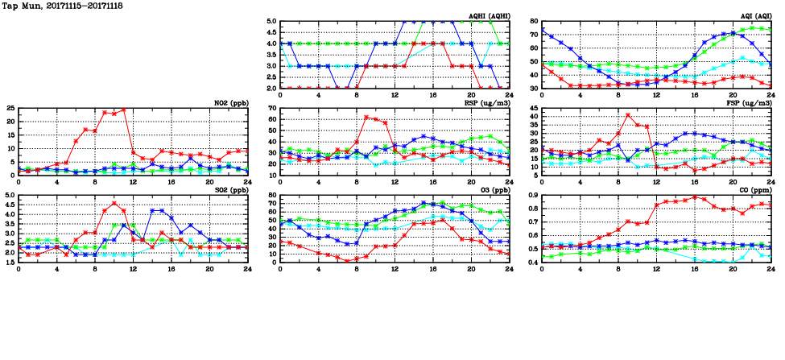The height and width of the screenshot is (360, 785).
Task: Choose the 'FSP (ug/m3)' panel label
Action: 751,102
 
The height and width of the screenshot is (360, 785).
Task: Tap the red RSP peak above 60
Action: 366,117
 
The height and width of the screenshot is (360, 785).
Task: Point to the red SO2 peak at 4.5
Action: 114,203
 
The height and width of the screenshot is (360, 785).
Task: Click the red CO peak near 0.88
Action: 695,197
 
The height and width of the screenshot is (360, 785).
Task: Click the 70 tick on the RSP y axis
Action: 271,109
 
